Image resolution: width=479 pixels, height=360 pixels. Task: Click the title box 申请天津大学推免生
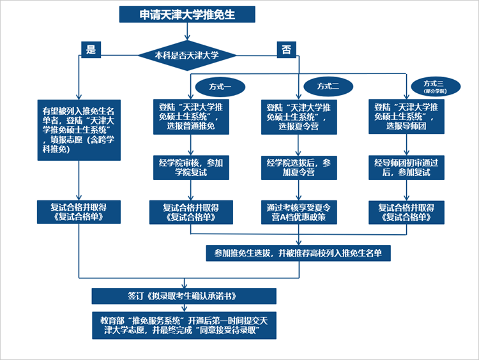(187, 14)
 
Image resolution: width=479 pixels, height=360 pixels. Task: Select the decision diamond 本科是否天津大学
(186, 56)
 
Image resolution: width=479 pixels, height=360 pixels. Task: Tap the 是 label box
(91, 49)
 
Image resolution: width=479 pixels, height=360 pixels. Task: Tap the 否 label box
(285, 49)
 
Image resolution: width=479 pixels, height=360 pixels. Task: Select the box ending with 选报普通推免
(191, 117)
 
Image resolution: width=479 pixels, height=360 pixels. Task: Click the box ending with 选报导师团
(406, 117)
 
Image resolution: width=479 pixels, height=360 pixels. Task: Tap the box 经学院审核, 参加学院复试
(191, 169)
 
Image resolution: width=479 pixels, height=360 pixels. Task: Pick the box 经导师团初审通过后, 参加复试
(406, 169)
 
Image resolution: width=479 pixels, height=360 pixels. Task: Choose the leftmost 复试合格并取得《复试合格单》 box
(78, 213)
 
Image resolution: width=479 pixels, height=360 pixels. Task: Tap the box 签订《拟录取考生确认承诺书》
(184, 296)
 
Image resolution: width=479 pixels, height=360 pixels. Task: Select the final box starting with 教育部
(184, 325)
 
